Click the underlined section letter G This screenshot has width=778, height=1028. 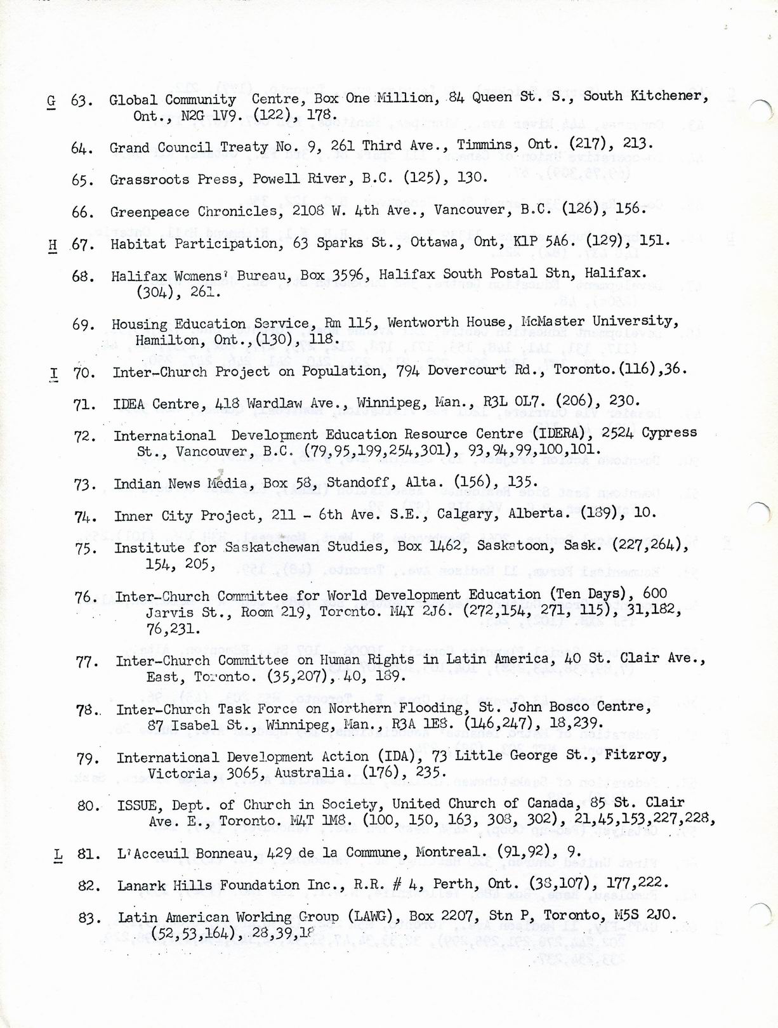point(51,102)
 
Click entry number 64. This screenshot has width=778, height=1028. point(82,148)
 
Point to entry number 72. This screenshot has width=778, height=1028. point(85,437)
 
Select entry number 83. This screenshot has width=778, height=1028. point(89,918)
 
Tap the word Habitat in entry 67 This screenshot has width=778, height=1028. point(138,244)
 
